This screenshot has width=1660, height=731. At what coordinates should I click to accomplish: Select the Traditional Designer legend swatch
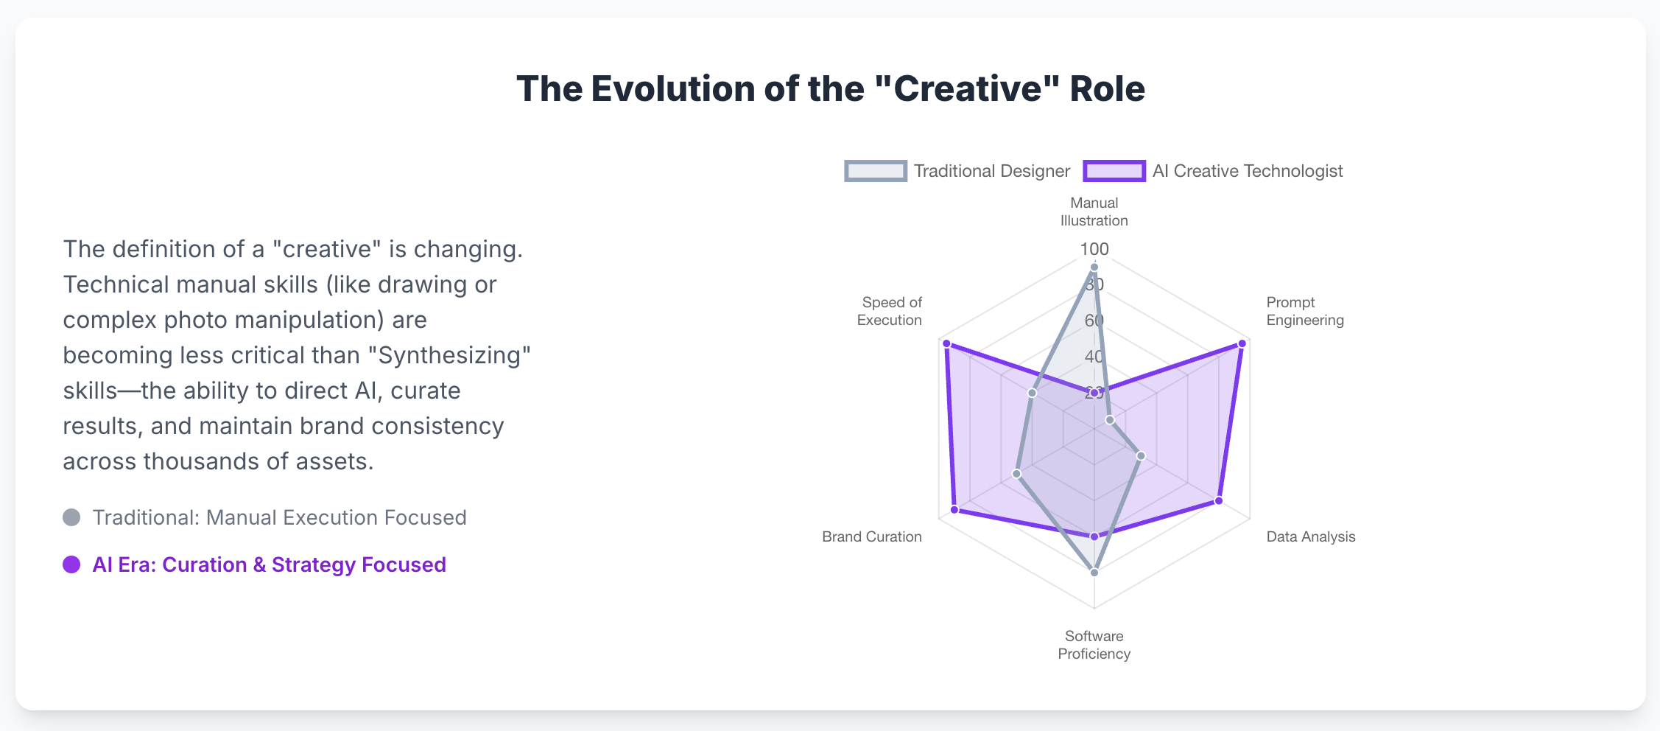pos(876,171)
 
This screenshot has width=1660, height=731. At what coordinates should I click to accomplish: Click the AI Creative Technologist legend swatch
pos(1114,171)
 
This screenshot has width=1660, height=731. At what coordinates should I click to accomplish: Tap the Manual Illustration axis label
pos(1094,211)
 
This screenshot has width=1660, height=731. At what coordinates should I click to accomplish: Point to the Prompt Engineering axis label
pos(1305,311)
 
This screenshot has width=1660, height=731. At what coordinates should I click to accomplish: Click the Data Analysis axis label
pos(1311,536)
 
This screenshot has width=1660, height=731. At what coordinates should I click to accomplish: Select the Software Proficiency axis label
pos(1094,645)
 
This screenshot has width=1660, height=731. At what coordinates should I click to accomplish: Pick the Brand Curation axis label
pos(872,536)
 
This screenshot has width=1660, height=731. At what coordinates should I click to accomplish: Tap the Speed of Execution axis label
pos(890,311)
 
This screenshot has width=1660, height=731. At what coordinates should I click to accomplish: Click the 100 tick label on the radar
pos(1094,249)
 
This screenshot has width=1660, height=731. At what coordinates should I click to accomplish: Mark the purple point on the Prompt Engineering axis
pos(1242,343)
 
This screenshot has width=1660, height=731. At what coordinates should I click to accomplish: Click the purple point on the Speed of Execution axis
pos(946,343)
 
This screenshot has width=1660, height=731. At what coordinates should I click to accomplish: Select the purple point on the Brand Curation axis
pos(954,509)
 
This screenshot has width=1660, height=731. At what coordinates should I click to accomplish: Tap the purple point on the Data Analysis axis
pos(1219,501)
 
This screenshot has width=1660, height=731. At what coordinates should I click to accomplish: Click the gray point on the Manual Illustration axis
pos(1094,267)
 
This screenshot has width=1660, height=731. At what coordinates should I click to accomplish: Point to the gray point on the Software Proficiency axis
pos(1094,573)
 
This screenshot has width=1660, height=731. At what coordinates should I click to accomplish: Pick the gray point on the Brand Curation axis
pos(1017,474)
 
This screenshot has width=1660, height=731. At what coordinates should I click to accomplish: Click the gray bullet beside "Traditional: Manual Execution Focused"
pos(71,517)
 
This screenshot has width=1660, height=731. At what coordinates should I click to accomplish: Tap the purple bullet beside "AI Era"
pos(71,564)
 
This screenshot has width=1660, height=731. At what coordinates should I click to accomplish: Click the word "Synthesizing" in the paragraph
pos(454,355)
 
